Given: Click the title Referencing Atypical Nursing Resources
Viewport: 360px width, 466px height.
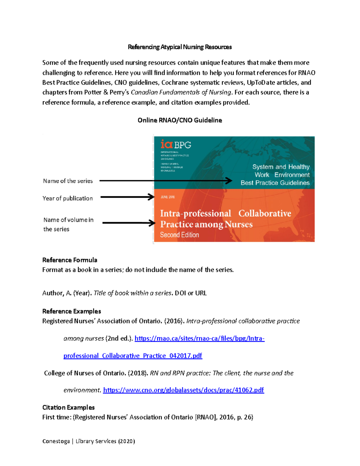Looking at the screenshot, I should click(x=180, y=47).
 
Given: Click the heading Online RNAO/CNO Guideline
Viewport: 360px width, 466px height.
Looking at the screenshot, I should click(x=180, y=120).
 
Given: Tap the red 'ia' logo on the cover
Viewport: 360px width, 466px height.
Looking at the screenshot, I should click(x=166, y=144).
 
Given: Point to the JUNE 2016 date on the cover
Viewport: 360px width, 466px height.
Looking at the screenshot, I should click(x=168, y=197).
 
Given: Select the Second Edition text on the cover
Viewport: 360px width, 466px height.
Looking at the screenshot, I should click(x=179, y=235).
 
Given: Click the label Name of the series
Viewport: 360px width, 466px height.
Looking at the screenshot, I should click(x=68, y=181).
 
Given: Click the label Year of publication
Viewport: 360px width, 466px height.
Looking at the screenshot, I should click(x=67, y=198).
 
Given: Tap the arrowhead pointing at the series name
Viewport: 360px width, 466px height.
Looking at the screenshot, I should click(x=229, y=181).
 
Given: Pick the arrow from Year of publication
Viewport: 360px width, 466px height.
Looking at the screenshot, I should click(x=127, y=197).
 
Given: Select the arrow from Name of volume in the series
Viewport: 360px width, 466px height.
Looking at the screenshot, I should click(x=129, y=223).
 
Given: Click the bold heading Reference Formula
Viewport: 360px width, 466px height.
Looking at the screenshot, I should click(x=70, y=260).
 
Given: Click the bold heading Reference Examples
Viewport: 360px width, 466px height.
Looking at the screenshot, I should click(x=71, y=311).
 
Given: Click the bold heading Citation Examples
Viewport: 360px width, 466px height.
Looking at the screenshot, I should click(x=68, y=407).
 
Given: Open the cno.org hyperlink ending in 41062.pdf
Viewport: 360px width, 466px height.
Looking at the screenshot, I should click(x=183, y=390).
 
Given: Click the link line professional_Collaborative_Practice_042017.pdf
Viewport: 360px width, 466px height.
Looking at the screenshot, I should click(x=133, y=356).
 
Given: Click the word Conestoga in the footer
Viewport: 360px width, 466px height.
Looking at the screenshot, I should click(x=56, y=441).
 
